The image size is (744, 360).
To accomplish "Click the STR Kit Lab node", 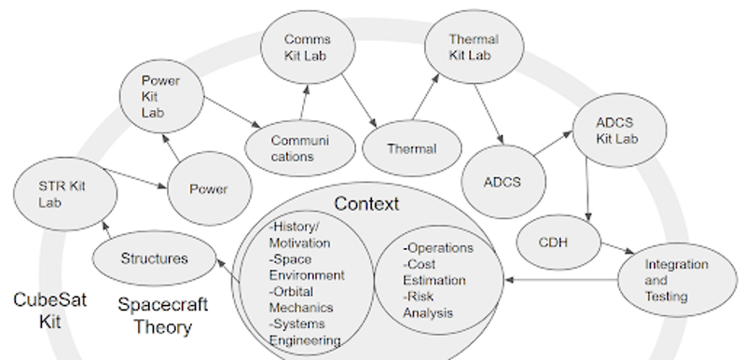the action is coord(65,194).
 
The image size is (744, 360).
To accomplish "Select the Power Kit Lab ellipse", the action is coord(162,96).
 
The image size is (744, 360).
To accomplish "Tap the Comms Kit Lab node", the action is coord(308,47).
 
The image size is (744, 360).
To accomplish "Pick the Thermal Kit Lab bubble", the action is coord(475,47).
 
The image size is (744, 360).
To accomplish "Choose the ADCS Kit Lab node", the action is coord(620,131).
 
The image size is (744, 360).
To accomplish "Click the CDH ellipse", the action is coord(558,242).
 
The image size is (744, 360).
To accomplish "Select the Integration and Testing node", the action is coord(678,280).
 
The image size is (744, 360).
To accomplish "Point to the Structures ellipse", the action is coord(154,258).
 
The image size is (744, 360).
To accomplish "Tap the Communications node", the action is coord(300,148).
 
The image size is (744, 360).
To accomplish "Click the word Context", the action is coord(366,203).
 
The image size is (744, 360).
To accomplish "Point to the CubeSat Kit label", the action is coord(49,311).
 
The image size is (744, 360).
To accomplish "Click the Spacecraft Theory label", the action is coord(163,315).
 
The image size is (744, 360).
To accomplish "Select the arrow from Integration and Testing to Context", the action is coord(561,280).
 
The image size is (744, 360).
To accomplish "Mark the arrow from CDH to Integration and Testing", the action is coord(617,248).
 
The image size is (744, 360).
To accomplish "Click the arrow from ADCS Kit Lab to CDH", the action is coord(587,190).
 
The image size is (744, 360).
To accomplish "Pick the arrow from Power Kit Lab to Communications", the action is coord(232,113).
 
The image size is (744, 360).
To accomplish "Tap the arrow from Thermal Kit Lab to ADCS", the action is coord(489,114).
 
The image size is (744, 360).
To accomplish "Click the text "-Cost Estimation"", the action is coord(434,272).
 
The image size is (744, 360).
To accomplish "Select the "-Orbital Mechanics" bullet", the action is coord(301,299).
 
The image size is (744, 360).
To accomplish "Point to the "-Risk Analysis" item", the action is coord(428,305).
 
